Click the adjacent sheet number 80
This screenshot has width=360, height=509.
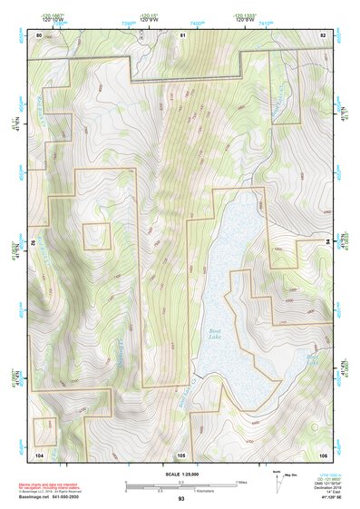38,34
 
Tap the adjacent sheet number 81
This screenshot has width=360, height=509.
181,34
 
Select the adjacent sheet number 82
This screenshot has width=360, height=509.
322,34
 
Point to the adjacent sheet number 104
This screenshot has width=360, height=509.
39,454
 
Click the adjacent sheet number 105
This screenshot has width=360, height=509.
181,454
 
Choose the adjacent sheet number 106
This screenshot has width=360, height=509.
322,454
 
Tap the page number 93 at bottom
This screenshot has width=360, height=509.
181,499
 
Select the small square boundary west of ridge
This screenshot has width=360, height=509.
97,236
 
